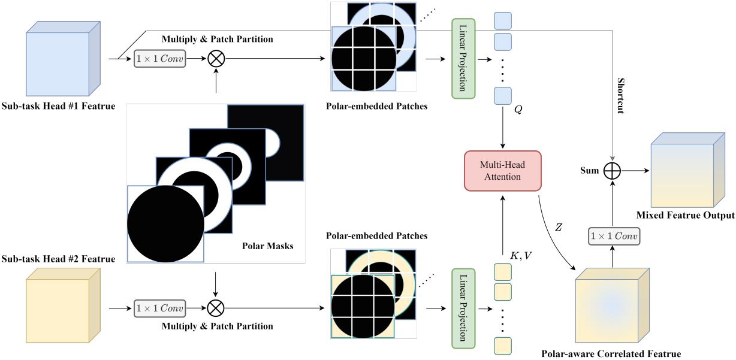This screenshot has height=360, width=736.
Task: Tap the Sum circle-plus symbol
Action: point(612,171)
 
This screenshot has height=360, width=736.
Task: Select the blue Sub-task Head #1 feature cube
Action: point(63,60)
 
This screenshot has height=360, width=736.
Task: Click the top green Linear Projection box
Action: point(463,59)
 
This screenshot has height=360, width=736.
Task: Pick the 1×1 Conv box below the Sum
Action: point(613,237)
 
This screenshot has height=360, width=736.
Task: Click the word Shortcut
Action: point(620,95)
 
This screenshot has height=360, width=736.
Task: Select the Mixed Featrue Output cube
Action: point(683,171)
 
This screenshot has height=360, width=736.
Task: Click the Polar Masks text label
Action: point(269,246)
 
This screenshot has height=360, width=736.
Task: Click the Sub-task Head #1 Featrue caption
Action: point(58,106)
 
